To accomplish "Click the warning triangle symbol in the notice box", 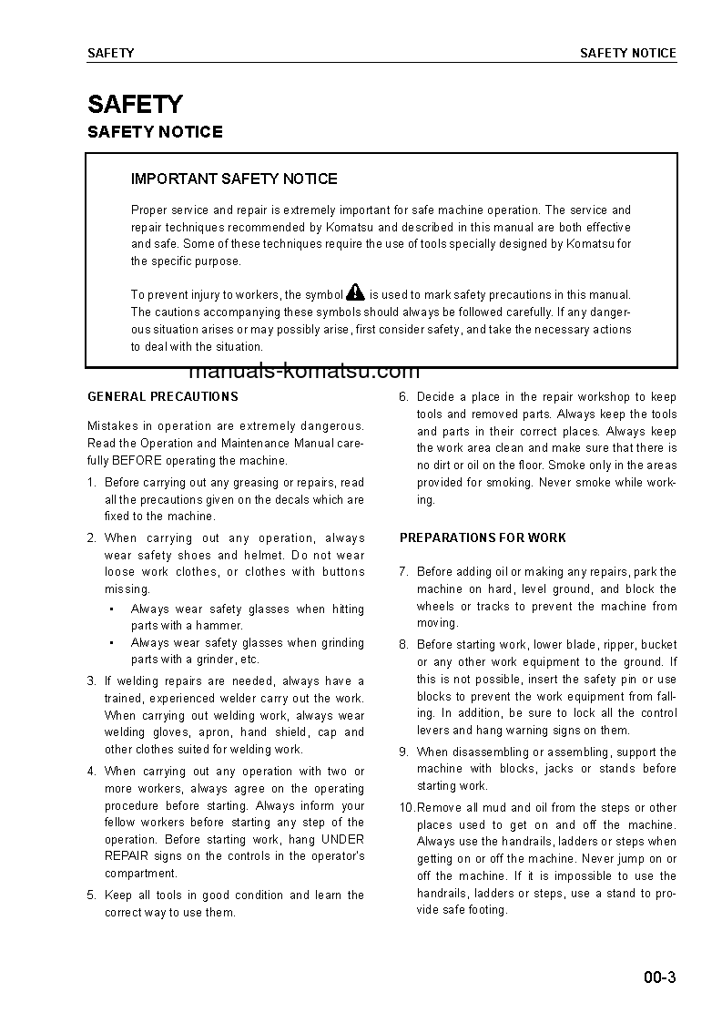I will click(355, 292).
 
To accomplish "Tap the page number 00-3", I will click(658, 979).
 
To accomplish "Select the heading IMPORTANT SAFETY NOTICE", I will click(234, 179).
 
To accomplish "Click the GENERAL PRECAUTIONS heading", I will click(162, 396).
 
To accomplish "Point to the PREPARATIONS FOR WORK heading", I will click(483, 537).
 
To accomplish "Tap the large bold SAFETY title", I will click(135, 104).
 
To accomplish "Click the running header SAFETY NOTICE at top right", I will click(628, 53).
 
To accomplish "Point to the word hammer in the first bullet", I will click(221, 626).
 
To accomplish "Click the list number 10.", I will click(407, 807).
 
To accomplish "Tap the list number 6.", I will click(403, 396).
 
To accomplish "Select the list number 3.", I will click(91, 680).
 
